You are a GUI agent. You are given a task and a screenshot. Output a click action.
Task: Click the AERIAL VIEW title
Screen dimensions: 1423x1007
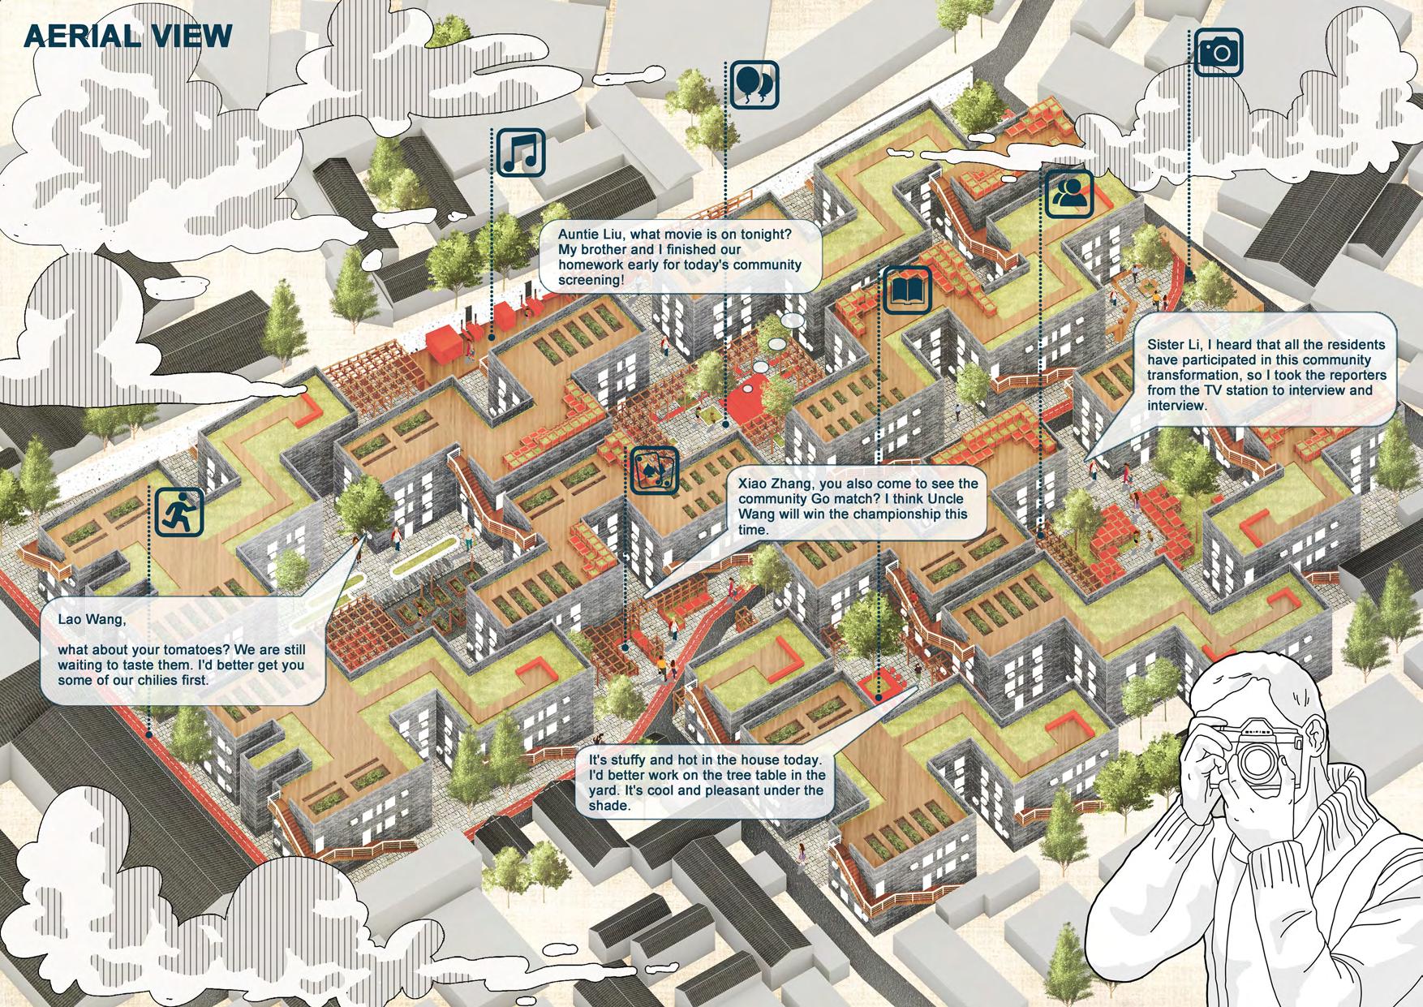[x=128, y=37]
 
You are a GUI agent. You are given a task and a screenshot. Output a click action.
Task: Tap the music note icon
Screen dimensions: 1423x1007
[x=520, y=152]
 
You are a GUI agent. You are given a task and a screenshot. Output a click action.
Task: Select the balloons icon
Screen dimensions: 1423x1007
[x=754, y=84]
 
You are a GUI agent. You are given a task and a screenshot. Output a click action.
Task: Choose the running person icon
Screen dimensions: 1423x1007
[x=178, y=511]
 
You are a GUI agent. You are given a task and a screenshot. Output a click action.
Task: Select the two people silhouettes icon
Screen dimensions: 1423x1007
[x=1069, y=194]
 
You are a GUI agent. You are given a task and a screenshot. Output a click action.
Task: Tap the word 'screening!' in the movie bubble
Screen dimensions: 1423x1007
[x=591, y=281]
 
